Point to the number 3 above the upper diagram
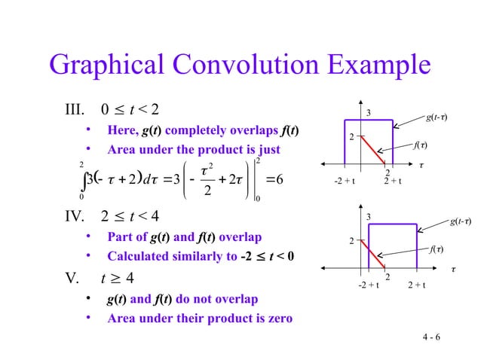(x=369, y=113)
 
